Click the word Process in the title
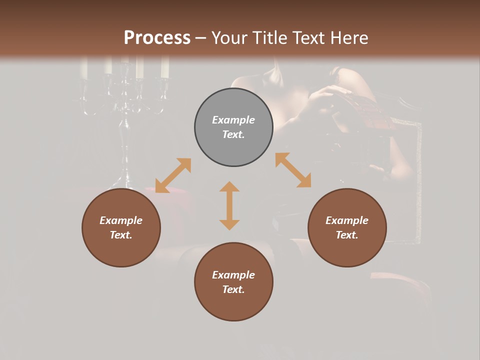point(157,38)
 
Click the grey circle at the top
point(233,127)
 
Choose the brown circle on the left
point(121,227)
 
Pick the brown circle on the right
point(347,227)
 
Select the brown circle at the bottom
point(233,282)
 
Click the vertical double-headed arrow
point(229,205)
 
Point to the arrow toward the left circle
point(173,175)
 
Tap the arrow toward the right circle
point(293,170)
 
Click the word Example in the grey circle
point(233,120)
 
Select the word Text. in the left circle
point(121,235)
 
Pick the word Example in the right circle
point(347,220)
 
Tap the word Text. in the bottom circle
point(233,289)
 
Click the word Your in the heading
point(227,38)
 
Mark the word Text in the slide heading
point(306,38)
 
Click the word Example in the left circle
point(121,220)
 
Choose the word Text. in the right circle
point(347,235)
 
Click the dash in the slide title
point(201,38)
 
